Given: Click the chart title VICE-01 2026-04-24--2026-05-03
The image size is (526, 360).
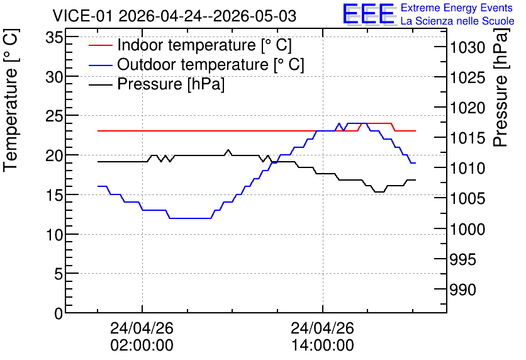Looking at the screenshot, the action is (174, 16).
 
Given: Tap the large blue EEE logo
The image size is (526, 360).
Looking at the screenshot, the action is (369, 14).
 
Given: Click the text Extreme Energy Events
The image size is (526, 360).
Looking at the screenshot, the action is (457, 8).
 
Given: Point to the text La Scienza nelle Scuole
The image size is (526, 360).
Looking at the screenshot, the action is (457, 21).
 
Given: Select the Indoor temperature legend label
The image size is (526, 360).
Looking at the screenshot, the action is (204, 45).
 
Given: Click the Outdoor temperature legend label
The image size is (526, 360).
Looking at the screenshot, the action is (211, 64).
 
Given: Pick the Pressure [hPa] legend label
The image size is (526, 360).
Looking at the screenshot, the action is (171, 84).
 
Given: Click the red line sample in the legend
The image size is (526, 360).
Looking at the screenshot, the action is (100, 45).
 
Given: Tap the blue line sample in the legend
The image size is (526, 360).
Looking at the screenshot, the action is (100, 65).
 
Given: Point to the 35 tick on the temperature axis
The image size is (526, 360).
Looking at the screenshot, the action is (54, 38).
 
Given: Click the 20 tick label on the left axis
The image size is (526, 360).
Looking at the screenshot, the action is (54, 155).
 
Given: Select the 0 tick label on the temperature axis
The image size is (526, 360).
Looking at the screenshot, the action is (59, 313).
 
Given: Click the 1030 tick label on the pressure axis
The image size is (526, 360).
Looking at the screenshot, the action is (467, 48).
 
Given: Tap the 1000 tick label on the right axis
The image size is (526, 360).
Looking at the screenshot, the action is (467, 230).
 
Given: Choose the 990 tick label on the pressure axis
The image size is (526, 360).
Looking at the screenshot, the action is (462, 290).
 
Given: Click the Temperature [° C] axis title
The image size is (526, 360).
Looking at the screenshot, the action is (11, 101).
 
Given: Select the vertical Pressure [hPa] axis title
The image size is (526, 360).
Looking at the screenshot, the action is (501, 87).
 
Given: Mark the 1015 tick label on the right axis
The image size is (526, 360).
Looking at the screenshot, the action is (467, 138).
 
